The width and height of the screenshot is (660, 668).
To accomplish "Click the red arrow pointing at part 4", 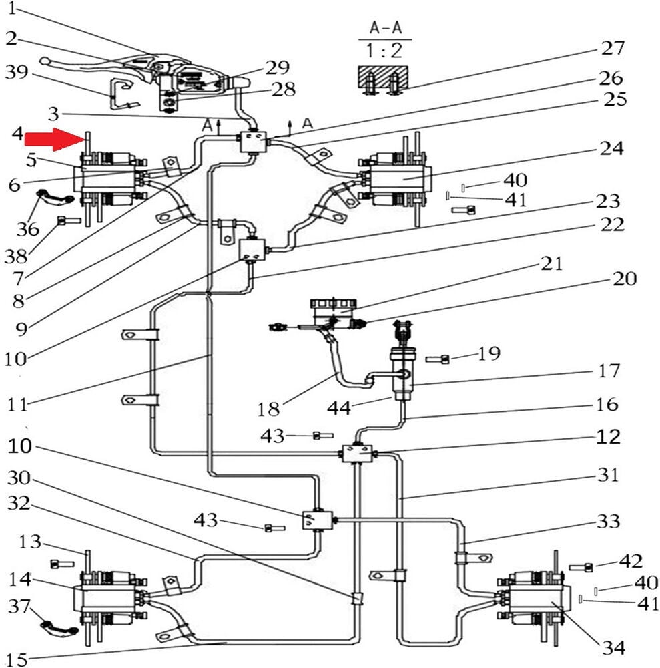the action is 53,139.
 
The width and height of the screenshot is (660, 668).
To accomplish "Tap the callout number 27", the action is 612,47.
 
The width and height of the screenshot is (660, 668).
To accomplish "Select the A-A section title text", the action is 386,28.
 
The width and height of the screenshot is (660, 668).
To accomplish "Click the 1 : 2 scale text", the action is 384,51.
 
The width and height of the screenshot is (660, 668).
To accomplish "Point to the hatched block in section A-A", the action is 384,77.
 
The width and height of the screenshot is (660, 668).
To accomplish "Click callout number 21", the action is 551,263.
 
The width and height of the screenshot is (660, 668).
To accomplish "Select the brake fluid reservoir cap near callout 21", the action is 333,304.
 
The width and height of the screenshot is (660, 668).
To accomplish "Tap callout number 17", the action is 609,371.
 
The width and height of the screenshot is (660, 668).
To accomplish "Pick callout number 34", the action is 613,648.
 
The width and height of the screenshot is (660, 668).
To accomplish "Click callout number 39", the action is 17,72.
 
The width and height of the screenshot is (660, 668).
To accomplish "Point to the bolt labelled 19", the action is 438,359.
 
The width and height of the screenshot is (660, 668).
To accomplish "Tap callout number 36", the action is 27,229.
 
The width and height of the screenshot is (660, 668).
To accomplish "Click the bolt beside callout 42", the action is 581,567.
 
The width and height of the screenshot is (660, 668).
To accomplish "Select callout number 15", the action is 17,660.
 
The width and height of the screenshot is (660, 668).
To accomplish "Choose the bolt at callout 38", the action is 69,220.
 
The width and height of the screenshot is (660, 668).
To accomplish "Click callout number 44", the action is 339,408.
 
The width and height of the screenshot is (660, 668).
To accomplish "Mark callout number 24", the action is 611,148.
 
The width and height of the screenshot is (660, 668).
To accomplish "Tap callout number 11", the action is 17,404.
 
